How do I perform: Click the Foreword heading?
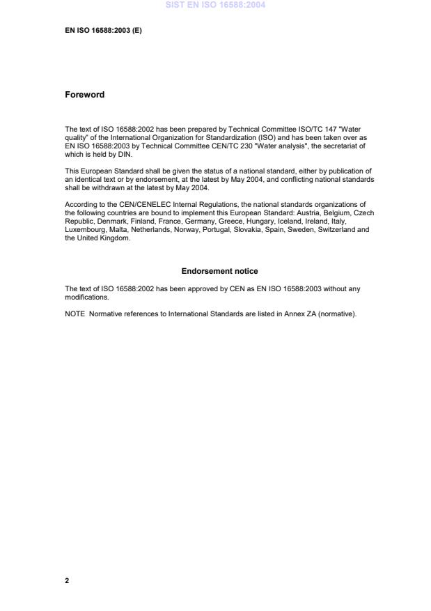tap(84, 95)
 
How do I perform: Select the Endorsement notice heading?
tap(219, 271)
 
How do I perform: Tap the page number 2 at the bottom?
tap(67, 580)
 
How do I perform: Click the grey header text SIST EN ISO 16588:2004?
tap(215, 6)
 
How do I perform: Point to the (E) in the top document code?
tap(136, 31)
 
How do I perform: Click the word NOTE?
tap(75, 314)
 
